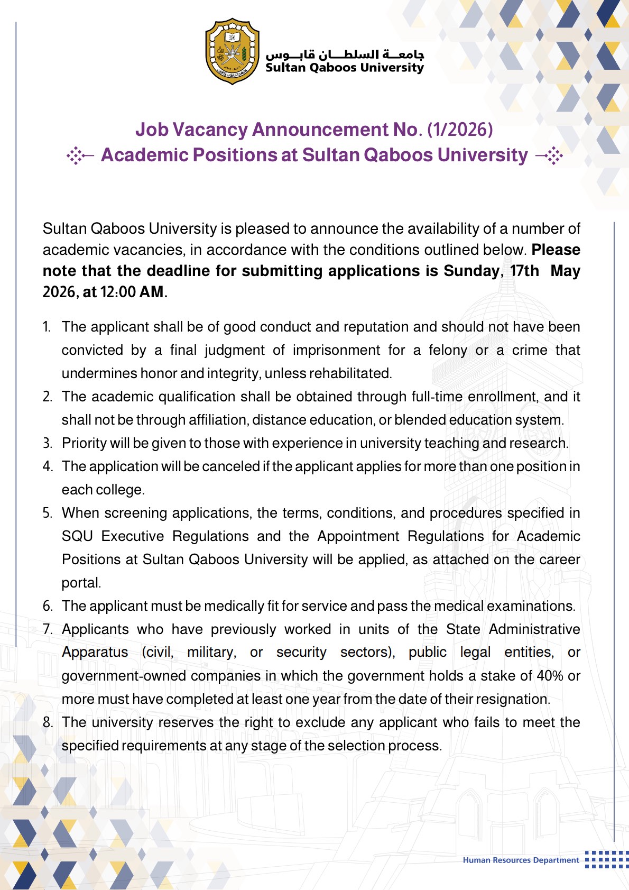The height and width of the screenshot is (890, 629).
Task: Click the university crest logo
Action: [x=232, y=51]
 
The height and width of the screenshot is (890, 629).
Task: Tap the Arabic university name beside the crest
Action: [x=345, y=54]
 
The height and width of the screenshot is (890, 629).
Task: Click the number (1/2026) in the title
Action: [x=460, y=130]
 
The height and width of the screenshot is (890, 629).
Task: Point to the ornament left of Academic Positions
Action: [x=80, y=155]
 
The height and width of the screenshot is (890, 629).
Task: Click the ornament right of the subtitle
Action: [x=550, y=155]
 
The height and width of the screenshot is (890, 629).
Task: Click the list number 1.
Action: [x=47, y=327]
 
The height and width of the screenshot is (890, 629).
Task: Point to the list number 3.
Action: [x=48, y=443]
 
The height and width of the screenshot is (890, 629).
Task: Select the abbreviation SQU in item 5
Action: [x=77, y=536]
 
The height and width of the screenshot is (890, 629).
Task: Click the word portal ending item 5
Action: [x=80, y=583]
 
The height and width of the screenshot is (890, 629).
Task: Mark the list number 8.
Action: [x=48, y=722]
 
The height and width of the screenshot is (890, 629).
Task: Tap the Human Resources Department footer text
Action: [x=521, y=860]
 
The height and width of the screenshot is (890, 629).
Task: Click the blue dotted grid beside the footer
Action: [x=607, y=859]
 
